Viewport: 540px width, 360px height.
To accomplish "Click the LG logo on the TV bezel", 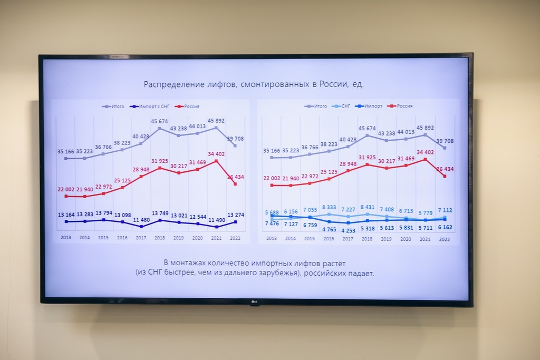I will pyautogui.click(x=254, y=302).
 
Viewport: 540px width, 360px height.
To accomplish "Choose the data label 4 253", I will pyautogui.click(x=348, y=230).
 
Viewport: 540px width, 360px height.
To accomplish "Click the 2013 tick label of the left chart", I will pyautogui.click(x=66, y=238).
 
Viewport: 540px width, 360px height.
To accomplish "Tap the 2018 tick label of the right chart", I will pyautogui.click(x=367, y=238).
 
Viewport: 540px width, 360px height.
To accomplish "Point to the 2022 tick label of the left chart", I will pyautogui.click(x=235, y=238).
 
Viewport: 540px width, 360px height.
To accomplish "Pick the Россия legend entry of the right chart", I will pyautogui.click(x=404, y=106).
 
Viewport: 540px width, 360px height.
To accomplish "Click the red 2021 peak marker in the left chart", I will pyautogui.click(x=217, y=161).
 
